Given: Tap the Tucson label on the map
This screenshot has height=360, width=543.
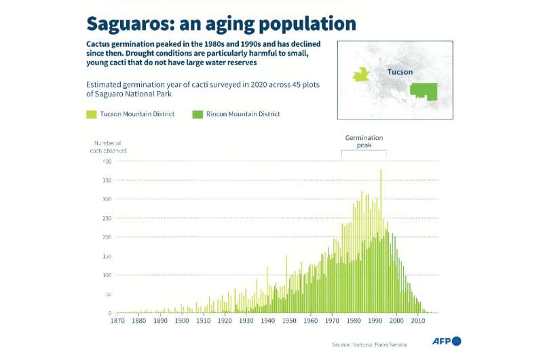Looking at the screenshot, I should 400,72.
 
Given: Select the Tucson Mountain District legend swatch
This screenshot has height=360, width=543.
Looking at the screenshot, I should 91,114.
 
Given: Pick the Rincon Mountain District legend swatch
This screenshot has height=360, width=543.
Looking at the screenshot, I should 198,114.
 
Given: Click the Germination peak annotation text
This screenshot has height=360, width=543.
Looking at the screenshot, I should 364,141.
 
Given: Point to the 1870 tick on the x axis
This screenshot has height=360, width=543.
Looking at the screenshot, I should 117,321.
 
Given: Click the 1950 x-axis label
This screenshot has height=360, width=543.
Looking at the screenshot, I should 289,321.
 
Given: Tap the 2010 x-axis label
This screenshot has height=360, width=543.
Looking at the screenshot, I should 418,321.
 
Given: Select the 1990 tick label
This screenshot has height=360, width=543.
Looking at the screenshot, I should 375,321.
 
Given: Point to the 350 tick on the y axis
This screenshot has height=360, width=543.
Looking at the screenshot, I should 106,180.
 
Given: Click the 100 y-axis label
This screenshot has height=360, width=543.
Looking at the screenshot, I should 106,275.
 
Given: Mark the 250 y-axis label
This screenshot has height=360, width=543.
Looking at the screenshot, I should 106,218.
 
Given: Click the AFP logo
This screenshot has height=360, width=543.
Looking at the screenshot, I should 447,340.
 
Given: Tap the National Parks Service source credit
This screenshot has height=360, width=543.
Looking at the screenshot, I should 369,344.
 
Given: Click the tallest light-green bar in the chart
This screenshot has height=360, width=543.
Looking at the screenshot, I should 381,204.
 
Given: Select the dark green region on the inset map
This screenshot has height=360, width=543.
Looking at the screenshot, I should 423,91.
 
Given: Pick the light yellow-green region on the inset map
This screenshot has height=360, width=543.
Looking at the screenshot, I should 361,74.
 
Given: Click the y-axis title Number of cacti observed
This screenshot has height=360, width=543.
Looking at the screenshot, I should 108,147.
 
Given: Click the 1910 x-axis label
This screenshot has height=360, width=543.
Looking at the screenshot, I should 204,321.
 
